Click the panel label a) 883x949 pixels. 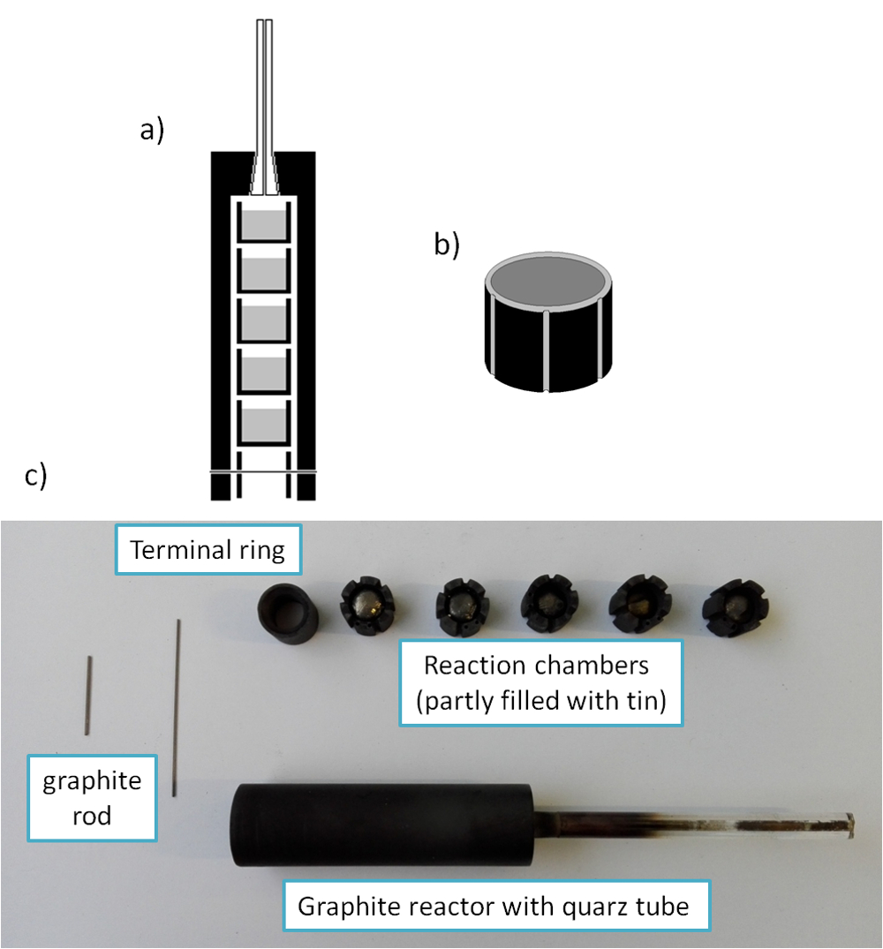[x=152, y=130]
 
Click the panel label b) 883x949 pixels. [x=447, y=245]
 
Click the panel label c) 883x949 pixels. [x=35, y=476]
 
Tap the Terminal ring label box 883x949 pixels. [x=208, y=550]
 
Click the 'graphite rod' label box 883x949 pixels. [x=92, y=798]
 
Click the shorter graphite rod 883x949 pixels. [x=88, y=696]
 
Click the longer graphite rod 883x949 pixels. [x=177, y=707]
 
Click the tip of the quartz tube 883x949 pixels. [x=852, y=825]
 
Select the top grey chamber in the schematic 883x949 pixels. [x=263, y=224]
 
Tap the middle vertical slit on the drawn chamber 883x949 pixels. [x=546, y=351]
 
